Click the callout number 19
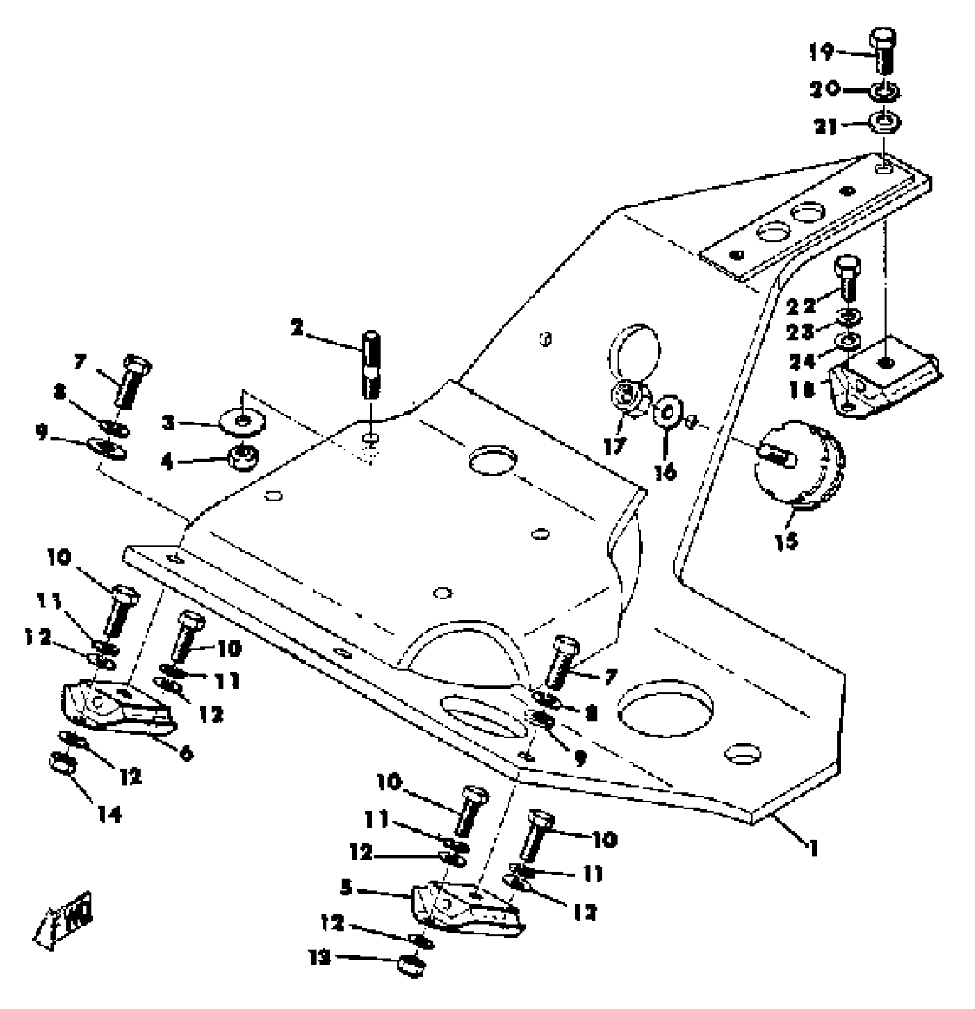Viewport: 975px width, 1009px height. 821,53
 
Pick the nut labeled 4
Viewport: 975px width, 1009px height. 243,457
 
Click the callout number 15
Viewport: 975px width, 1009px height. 786,540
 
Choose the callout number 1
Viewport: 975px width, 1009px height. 813,847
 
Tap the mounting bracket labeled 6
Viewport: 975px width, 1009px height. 118,710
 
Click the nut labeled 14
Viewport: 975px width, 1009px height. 63,763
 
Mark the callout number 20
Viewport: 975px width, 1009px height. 824,89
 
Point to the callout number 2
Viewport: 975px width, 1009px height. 297,328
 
